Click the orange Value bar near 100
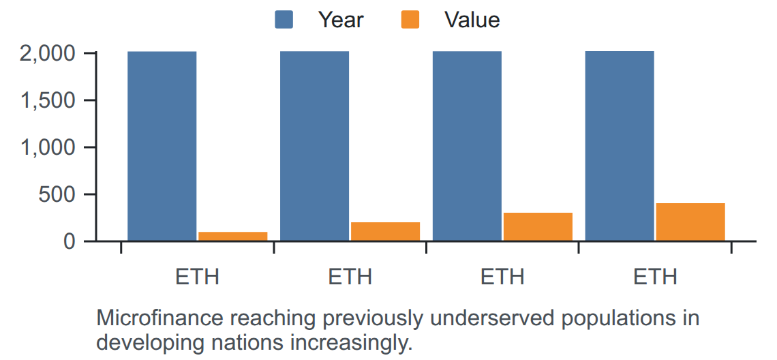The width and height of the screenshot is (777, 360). click(233, 237)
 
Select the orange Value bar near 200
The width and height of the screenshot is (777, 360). click(386, 232)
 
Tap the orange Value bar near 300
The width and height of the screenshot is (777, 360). click(538, 227)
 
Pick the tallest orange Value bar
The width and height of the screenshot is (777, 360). click(690, 222)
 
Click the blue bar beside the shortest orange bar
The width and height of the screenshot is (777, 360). click(162, 147)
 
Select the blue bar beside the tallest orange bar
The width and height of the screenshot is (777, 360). click(620, 147)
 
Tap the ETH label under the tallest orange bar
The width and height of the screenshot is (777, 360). click(655, 277)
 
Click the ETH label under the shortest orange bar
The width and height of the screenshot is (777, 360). click(197, 277)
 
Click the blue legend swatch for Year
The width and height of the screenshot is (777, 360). click(284, 20)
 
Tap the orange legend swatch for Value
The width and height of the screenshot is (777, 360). click(410, 20)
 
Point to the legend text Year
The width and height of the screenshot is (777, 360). click(341, 20)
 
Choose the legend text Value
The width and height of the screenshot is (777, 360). click(472, 20)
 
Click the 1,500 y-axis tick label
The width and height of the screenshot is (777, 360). click(48, 100)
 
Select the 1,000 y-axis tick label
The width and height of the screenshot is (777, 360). click(48, 147)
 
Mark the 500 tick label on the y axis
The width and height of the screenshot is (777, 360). click(57, 194)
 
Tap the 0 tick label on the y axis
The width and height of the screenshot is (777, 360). click(70, 241)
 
